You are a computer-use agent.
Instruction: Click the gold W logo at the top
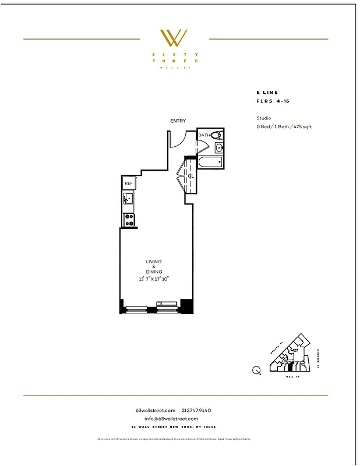click(174, 38)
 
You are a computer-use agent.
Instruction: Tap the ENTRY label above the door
click(178, 121)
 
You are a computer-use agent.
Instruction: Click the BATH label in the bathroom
click(204, 135)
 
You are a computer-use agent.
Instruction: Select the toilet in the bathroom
click(216, 135)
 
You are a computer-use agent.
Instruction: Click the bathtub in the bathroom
click(210, 162)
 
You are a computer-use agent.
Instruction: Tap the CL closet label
click(191, 176)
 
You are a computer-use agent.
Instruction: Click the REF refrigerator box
click(129, 183)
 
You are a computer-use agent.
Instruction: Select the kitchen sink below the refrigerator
click(129, 200)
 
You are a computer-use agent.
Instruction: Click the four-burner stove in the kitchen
click(129, 220)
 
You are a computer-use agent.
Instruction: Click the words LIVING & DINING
click(154, 267)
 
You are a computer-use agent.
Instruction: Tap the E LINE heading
click(267, 93)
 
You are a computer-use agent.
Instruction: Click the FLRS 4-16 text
click(271, 101)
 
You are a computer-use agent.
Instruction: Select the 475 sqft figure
click(302, 126)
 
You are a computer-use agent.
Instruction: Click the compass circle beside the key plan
click(256, 369)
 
